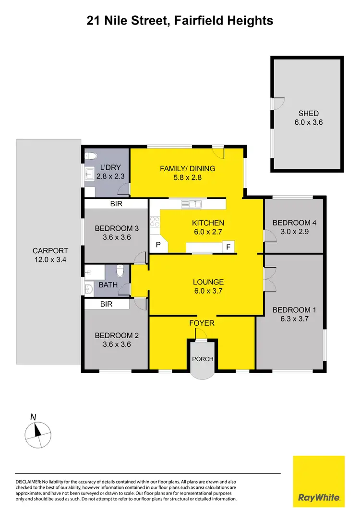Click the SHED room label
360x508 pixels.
(x=308, y=113)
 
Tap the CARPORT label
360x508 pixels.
(x=50, y=250)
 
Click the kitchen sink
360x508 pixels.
(x=192, y=204)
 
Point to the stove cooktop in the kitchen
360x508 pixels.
(x=155, y=222)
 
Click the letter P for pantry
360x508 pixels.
(x=158, y=245)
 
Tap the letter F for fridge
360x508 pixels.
(x=228, y=247)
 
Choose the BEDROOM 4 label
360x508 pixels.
(x=295, y=223)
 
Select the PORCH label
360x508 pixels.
(x=203, y=359)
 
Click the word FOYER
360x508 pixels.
(x=202, y=323)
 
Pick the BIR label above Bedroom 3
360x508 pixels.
(x=116, y=204)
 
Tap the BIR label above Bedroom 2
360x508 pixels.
(x=107, y=304)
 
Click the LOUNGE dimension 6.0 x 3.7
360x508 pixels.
(x=208, y=291)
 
